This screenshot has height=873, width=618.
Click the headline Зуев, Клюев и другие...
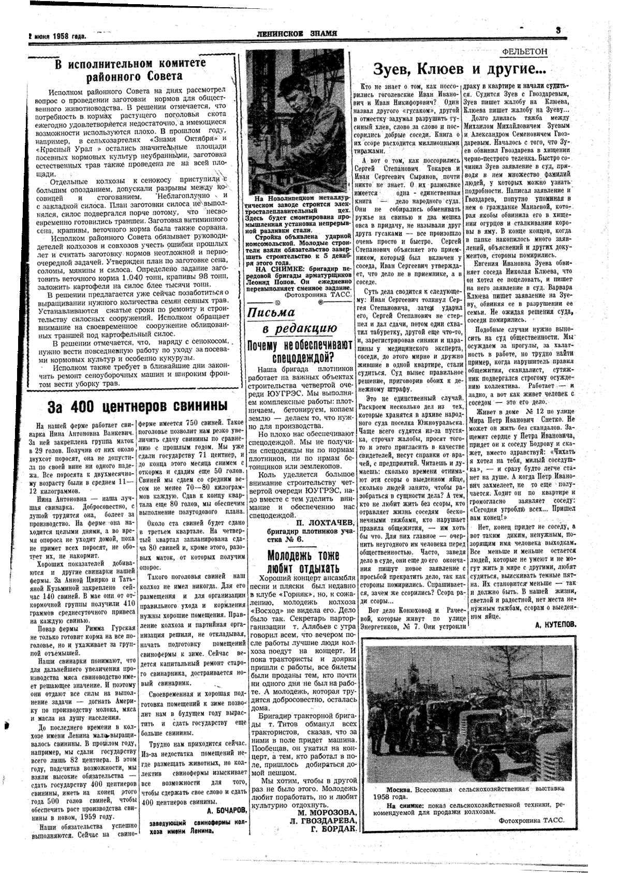pos(461,68)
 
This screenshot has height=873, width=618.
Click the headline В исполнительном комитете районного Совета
pos(130,70)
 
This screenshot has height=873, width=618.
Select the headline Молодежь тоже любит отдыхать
pos(303,562)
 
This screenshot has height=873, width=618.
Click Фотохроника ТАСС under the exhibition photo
pos(532,820)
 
